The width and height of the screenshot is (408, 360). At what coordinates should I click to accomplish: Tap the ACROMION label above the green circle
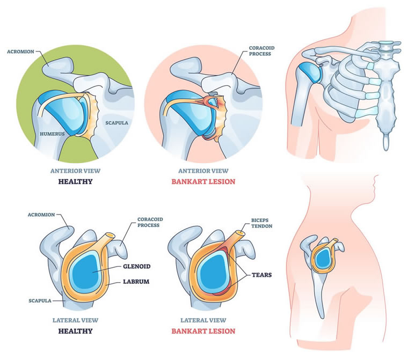(21, 52)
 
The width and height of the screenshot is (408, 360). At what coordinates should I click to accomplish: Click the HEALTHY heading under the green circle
(76, 181)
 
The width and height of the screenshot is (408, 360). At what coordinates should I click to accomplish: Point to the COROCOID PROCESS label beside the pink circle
(262, 51)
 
